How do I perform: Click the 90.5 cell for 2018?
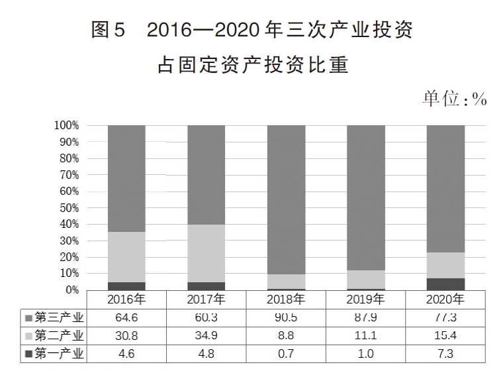(286, 317)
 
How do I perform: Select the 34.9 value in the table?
(206, 335)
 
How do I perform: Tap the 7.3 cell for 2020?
(445, 353)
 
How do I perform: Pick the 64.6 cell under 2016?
(126, 317)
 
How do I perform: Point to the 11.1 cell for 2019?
(365, 335)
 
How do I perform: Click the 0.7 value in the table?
(286, 353)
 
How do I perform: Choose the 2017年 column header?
(206, 299)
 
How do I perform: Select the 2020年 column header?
(445, 299)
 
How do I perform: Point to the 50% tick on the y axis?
(70, 208)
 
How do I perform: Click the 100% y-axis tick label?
(68, 126)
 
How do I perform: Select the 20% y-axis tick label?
(70, 257)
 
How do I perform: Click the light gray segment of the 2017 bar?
(206, 253)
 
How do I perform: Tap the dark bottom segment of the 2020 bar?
(445, 284)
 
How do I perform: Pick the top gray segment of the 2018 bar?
(286, 199)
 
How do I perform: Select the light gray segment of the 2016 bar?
(126, 257)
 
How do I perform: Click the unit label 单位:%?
(454, 99)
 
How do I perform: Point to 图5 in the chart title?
(108, 31)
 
